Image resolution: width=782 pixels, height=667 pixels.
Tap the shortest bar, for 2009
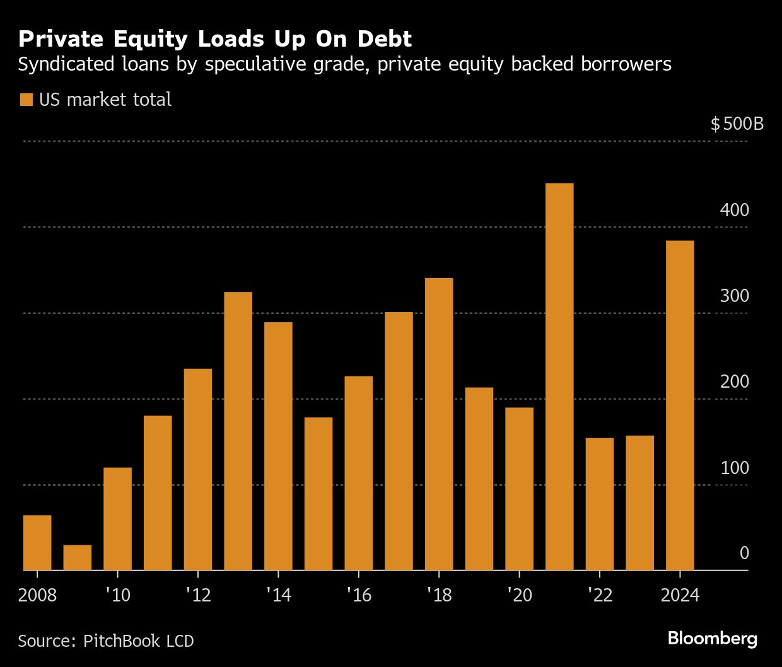click(x=78, y=558)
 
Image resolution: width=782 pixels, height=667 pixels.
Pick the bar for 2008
click(x=37, y=543)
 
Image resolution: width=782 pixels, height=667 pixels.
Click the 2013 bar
click(x=238, y=431)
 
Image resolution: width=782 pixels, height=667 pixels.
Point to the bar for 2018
click(x=439, y=424)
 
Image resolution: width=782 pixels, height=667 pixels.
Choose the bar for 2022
click(x=600, y=504)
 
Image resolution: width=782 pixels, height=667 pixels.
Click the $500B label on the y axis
click(x=737, y=124)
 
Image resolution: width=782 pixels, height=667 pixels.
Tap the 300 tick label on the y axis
click(x=734, y=296)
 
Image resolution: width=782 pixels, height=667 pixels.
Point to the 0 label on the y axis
click(x=744, y=554)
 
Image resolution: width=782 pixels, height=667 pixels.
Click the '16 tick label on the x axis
click(x=358, y=595)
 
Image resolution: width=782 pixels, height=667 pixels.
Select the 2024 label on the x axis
click(x=680, y=595)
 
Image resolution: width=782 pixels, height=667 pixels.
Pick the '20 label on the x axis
click(x=519, y=595)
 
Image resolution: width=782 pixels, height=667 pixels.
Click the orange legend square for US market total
click(x=26, y=100)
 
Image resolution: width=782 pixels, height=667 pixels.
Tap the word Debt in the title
click(x=384, y=39)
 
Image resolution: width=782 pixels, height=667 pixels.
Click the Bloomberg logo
click(x=712, y=638)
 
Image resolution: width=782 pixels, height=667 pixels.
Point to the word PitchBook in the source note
click(x=122, y=641)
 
